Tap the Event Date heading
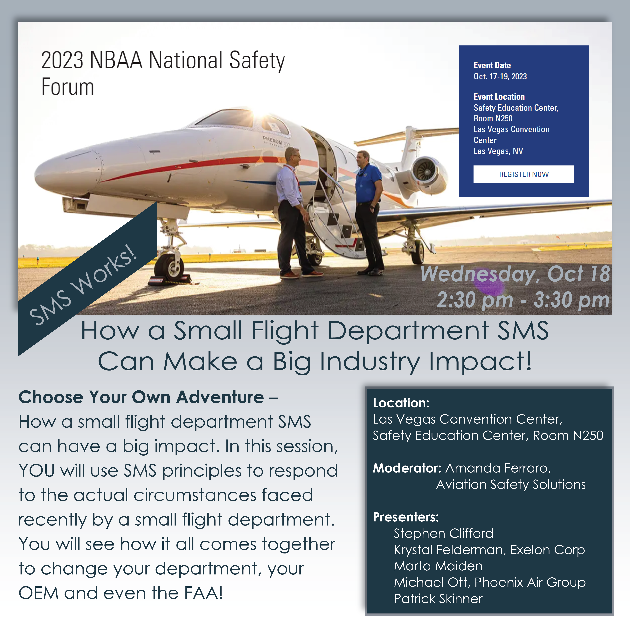pos(492,65)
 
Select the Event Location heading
pos(499,97)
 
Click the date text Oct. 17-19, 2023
pos(500,76)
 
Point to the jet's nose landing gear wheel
pos(169,267)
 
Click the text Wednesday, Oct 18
pos(515,274)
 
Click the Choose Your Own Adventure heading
pos(141,397)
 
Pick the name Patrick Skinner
pos(438,599)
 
